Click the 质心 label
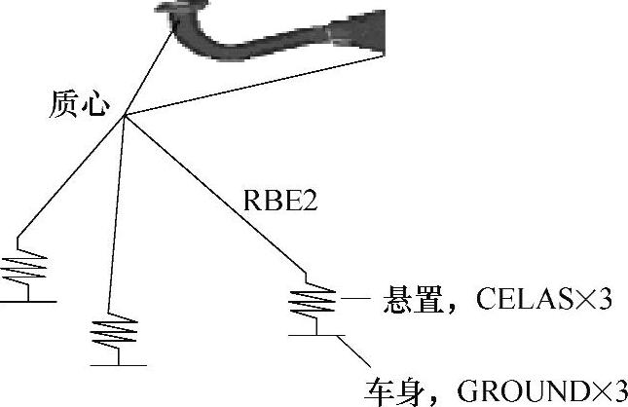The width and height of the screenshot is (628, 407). pyautogui.click(x=78, y=106)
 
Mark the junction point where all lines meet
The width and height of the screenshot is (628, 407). pyautogui.click(x=124, y=118)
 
